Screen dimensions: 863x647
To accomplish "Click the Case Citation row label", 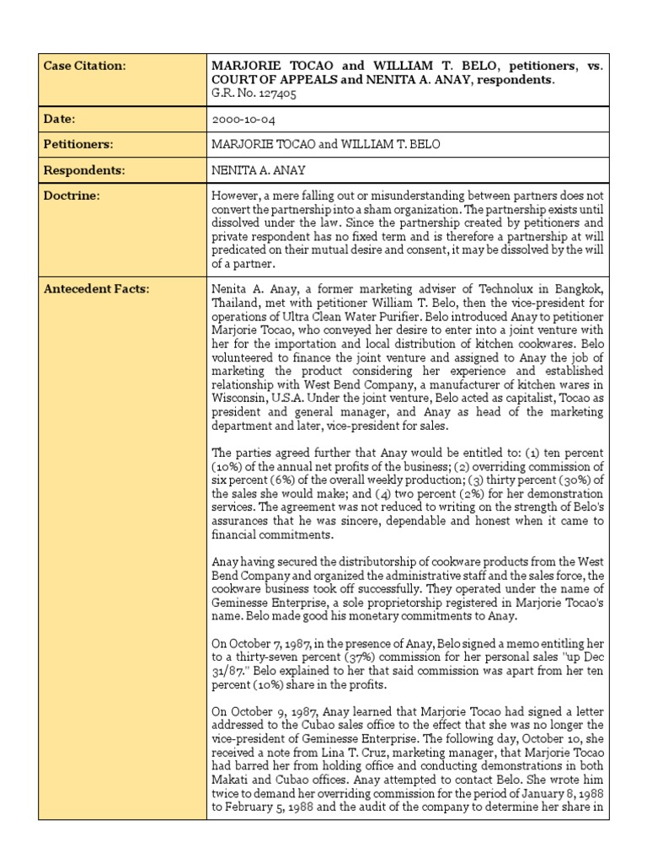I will pos(84,66).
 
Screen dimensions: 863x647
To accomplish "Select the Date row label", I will pos(61,120).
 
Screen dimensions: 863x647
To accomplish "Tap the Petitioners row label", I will pos(78,145).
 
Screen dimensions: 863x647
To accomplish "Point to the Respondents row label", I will pos(84,170).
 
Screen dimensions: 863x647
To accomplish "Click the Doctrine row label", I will pos(71,196).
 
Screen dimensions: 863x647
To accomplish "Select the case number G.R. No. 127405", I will pos(254,94).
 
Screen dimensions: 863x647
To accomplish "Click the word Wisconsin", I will pos(240,398).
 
